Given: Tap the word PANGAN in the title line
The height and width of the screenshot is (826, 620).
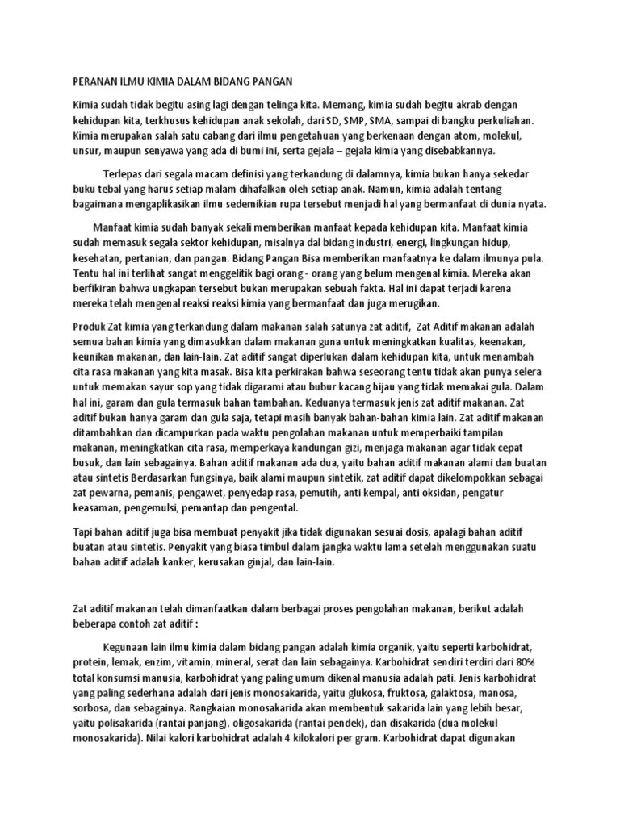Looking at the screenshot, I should [x=269, y=81].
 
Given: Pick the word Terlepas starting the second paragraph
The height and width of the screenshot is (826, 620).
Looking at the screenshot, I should [x=126, y=173].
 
